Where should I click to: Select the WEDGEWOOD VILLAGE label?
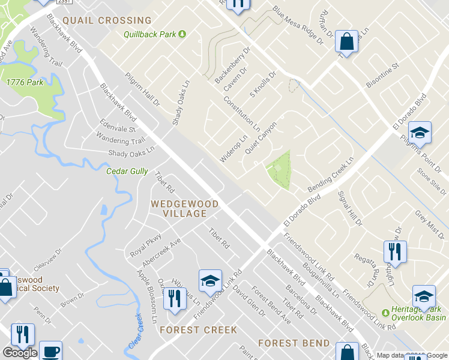(184, 208)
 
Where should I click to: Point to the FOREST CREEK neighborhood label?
(198, 329)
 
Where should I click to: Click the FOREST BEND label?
(294, 343)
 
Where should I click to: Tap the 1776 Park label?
(21, 82)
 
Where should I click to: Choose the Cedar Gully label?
(127, 171)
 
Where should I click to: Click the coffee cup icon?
(50, 350)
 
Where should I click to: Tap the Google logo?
(20, 353)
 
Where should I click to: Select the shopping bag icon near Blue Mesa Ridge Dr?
(346, 41)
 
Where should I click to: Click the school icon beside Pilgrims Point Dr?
(421, 133)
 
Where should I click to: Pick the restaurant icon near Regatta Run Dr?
(395, 251)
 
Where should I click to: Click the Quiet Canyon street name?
(261, 139)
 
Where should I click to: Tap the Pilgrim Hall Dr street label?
(143, 90)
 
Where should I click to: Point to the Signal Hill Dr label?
(351, 208)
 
